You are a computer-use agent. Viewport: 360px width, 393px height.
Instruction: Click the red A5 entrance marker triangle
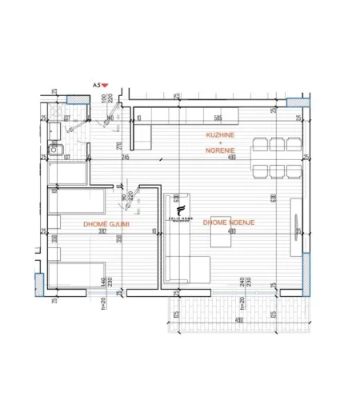point(105,84)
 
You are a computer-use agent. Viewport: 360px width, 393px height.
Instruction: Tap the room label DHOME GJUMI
point(106,224)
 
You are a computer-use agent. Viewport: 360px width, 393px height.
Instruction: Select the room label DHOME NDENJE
point(229,222)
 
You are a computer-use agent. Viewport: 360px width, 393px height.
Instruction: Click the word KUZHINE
point(220,137)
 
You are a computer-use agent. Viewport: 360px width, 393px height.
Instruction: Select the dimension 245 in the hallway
point(126,158)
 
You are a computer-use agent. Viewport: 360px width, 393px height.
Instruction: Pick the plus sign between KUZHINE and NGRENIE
point(220,144)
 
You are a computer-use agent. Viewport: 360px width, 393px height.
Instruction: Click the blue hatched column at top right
point(294,102)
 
